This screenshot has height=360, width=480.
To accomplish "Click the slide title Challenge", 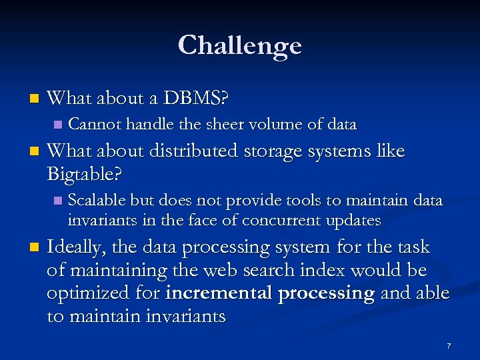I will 240,46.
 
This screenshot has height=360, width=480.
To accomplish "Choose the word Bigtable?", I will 84,175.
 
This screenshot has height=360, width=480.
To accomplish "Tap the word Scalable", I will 97,201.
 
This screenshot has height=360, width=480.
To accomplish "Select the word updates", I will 355,221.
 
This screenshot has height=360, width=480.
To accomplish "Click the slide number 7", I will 449,347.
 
